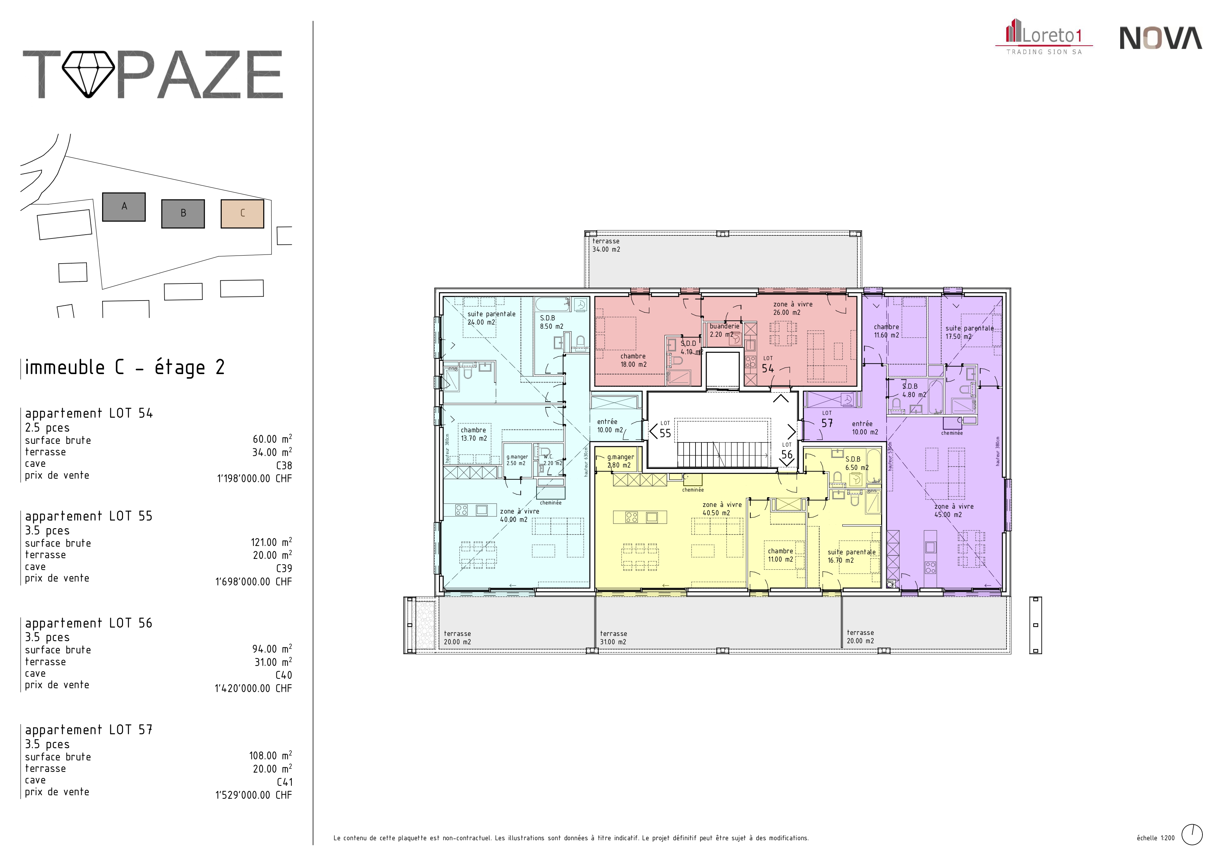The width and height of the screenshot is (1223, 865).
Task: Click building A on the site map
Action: coord(123,207)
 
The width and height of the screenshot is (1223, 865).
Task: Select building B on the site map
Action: coord(183,214)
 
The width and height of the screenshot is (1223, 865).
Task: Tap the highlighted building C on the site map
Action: coord(242,214)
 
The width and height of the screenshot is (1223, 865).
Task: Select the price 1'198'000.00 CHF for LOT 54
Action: coord(254,478)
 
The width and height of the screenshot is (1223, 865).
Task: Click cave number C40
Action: coord(283,675)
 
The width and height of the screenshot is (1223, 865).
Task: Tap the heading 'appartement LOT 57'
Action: coord(89,730)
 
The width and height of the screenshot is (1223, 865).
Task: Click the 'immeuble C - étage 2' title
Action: coord(125,367)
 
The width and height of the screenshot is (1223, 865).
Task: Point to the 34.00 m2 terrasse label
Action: coord(606,245)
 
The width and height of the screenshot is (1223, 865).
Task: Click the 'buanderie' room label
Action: coord(724,326)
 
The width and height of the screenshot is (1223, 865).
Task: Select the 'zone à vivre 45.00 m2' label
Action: coord(954,510)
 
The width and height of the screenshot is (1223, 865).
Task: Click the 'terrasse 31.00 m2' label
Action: coord(614,638)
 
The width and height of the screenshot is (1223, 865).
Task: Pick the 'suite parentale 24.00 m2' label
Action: coord(491,318)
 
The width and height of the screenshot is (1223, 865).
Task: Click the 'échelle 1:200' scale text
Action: coord(1155,838)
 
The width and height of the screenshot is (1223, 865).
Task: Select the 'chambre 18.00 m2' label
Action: coord(633,360)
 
